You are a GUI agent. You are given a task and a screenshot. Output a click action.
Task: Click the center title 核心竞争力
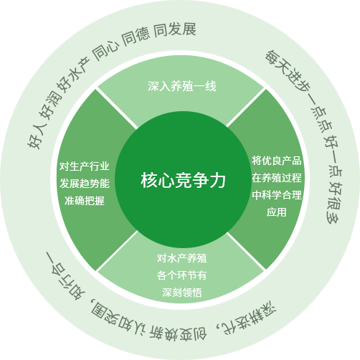183,180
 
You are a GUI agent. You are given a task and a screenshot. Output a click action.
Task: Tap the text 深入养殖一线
182,86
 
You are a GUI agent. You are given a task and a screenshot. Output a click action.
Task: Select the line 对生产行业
85,166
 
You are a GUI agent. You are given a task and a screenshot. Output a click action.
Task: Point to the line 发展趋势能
85,184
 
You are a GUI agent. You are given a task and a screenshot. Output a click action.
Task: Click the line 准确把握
85,201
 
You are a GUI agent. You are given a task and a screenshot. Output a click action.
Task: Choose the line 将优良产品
277,161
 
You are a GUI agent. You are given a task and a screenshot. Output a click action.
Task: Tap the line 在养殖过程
277,178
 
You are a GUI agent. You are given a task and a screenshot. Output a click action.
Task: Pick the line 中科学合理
277,195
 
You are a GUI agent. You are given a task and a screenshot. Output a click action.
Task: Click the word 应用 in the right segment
277,212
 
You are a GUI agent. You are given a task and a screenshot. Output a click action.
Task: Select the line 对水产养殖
182,258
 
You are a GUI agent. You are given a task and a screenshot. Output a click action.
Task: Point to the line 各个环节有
182,275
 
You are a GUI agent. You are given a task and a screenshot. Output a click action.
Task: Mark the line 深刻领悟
182,293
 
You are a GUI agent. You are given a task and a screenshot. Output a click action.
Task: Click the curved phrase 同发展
175,30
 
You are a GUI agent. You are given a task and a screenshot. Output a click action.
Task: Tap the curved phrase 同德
136,37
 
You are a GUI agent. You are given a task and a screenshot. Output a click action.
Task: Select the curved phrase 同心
105,51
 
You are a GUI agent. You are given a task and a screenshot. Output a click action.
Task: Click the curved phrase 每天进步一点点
298,92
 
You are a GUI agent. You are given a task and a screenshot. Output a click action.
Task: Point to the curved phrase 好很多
334,203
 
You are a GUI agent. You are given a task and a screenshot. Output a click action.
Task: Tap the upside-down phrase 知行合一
65,276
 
